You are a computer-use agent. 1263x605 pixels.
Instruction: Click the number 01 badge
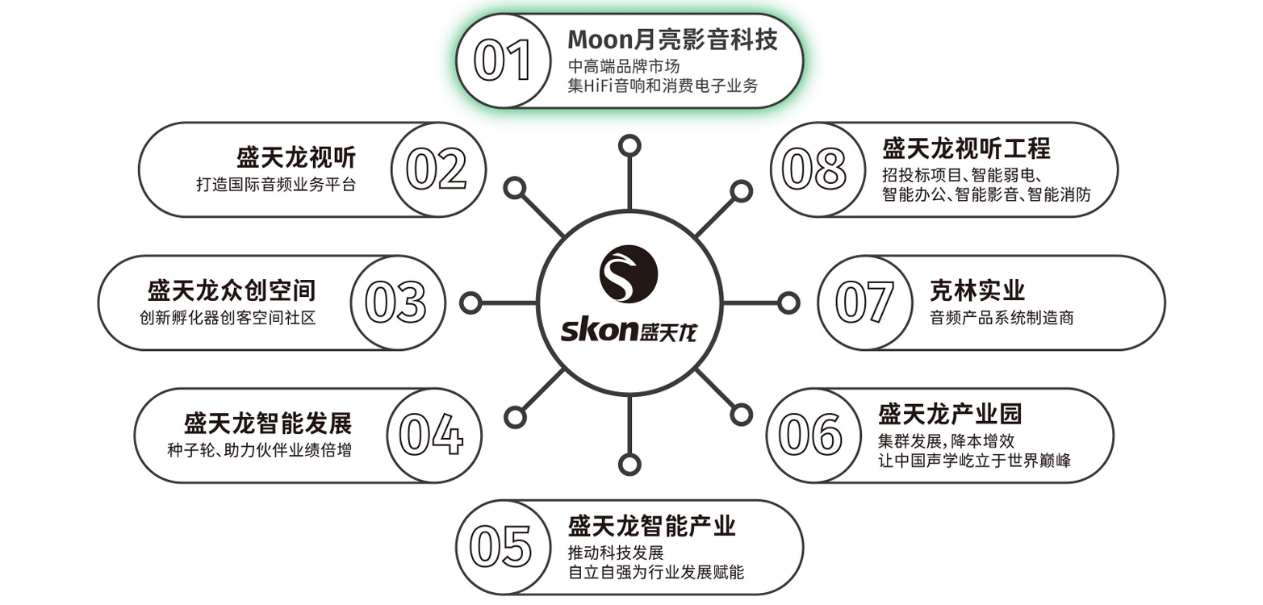pyautogui.click(x=503, y=61)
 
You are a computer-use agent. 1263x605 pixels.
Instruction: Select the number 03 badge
pyautogui.click(x=395, y=302)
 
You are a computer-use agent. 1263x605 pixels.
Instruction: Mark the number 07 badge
pyautogui.click(x=864, y=302)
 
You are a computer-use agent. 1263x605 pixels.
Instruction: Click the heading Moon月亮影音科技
pyautogui.click(x=672, y=40)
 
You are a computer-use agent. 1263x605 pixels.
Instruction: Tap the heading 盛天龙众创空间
pyautogui.click(x=232, y=290)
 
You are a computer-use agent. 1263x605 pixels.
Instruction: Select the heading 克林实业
pyautogui.click(x=977, y=290)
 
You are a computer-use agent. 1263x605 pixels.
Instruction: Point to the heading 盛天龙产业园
pyautogui.click(x=949, y=414)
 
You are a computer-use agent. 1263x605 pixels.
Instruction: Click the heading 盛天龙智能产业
pyautogui.click(x=652, y=527)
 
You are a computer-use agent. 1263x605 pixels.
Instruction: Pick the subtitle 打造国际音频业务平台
pyautogui.click(x=275, y=185)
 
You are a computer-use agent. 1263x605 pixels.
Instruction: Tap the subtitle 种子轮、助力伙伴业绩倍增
pyautogui.click(x=259, y=450)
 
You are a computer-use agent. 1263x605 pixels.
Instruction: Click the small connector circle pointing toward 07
pyautogui.click(x=786, y=302)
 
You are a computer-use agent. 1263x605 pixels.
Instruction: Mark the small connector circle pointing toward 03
pyautogui.click(x=470, y=302)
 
